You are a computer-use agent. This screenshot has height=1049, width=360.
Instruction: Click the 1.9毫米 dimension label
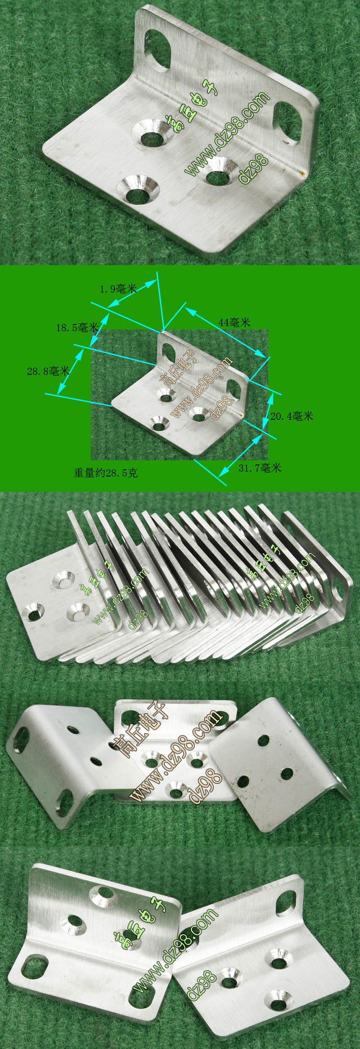pyautogui.click(x=118, y=288)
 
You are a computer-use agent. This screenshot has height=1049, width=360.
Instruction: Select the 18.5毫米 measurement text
pyautogui.click(x=77, y=327)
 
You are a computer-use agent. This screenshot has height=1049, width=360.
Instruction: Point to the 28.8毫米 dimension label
pyautogui.click(x=48, y=371)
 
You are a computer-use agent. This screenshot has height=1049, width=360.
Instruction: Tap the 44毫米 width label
pyautogui.click(x=234, y=322)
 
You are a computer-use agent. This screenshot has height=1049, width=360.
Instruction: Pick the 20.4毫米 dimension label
pyautogui.click(x=292, y=416)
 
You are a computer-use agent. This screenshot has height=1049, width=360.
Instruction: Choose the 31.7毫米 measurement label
pyautogui.click(x=260, y=468)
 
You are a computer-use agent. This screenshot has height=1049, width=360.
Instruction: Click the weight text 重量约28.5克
pyautogui.click(x=106, y=473)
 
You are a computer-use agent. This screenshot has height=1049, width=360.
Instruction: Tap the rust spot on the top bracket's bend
pyautogui.click(x=302, y=171)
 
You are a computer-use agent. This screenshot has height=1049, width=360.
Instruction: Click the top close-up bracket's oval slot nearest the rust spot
pyautogui.click(x=288, y=123)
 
